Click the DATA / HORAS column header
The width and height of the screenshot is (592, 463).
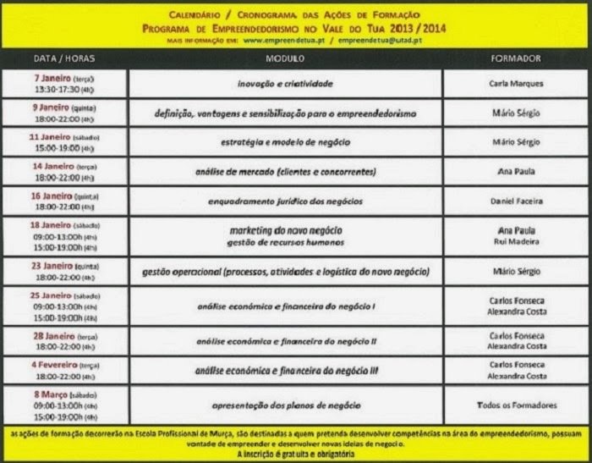(63, 59)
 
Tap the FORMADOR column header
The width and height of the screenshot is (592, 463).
(515, 59)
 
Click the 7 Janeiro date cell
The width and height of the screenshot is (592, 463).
(63, 83)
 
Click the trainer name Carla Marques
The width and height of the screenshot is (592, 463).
(515, 84)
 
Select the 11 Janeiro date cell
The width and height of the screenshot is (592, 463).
(63, 141)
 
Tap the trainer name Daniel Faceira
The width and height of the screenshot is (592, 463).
(515, 201)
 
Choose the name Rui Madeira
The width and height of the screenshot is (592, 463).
(515, 242)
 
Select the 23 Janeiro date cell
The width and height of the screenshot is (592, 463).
(63, 271)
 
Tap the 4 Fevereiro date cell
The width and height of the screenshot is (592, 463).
(63, 370)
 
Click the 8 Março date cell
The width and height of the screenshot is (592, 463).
(63, 405)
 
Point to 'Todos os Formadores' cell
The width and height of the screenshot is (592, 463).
(515, 405)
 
